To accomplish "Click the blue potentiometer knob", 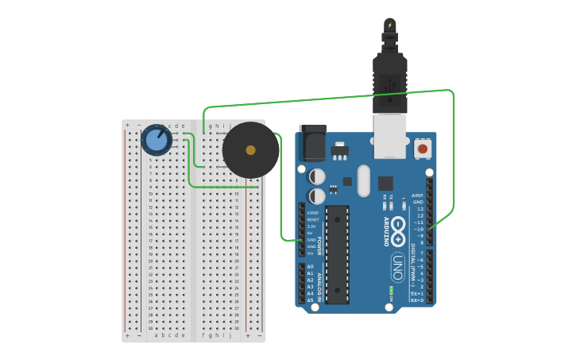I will click(157, 141).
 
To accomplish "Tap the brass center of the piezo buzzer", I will click(250, 149).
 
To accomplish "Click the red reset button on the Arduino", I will click(422, 148).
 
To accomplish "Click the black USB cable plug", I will click(389, 79).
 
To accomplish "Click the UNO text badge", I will click(397, 267).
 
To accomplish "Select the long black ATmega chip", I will click(337, 254).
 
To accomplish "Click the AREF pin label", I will click(418, 195).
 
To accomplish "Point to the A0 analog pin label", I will click(310, 267).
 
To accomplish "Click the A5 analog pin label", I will click(310, 300).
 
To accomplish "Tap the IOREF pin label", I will click(312, 212).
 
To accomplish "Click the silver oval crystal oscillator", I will click(364, 180).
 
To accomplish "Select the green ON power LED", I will click(391, 291).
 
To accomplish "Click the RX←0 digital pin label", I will click(416, 300).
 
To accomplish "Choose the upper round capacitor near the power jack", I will click(317, 176).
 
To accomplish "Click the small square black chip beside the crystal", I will click(385, 183).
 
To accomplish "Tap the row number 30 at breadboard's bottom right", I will click(237, 327).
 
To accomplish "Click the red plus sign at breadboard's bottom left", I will click(127, 335).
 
